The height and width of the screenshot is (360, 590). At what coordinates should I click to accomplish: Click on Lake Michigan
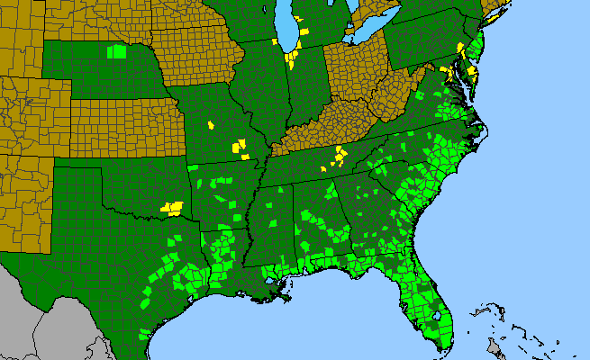[287, 31]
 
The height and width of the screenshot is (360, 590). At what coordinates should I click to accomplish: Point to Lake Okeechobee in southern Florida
[439, 316]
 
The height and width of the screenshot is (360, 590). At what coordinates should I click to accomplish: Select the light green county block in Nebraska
[116, 51]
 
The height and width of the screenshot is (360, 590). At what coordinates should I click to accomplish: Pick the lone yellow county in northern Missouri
[211, 125]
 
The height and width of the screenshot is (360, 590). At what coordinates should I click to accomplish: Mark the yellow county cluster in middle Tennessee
[339, 157]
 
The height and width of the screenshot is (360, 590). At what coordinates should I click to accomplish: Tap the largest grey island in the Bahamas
[494, 346]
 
